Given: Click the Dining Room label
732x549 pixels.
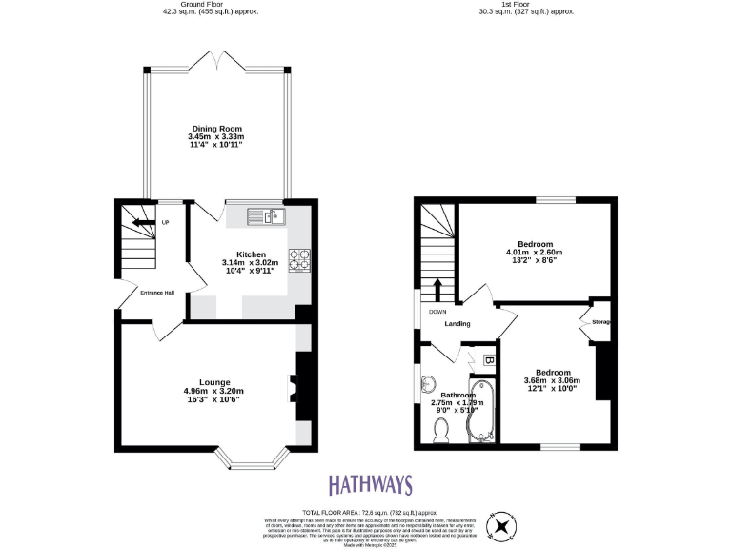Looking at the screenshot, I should tap(216, 129).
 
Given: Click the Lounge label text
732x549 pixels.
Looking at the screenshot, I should tap(214, 381).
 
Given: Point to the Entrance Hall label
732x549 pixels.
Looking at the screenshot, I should tap(156, 292).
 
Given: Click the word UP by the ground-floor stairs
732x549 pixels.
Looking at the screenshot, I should tap(165, 223).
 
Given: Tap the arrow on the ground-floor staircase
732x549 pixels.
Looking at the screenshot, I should tap(142, 223).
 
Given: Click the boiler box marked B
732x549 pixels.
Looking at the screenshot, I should tap(487, 361).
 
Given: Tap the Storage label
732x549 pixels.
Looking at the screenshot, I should tap(600, 322).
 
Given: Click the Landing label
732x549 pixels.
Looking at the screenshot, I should tap(457, 324).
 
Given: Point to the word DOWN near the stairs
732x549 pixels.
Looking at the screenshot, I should tap(437, 312).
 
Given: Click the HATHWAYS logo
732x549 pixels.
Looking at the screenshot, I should tap(371, 484).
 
